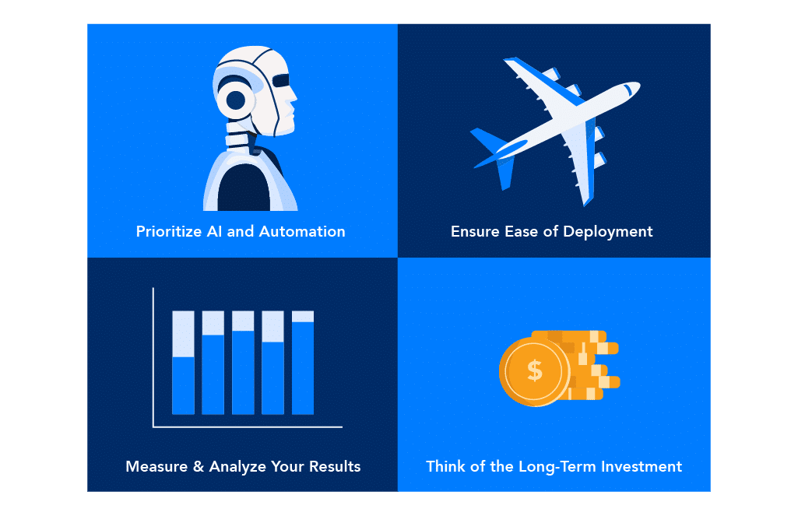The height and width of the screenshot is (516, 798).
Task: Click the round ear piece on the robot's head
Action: [x=236, y=100]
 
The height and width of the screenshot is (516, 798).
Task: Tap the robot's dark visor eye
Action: [x=281, y=80]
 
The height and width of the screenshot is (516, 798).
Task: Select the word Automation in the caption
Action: [x=302, y=232]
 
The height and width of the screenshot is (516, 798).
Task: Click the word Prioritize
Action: [x=169, y=232]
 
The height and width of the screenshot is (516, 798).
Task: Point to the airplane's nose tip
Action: [x=638, y=85]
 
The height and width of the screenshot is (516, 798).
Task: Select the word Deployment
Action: [x=608, y=232]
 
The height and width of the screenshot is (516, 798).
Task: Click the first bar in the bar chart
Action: [x=183, y=363]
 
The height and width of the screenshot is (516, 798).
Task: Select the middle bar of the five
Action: [x=243, y=363]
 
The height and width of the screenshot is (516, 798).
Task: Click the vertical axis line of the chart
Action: [x=153, y=357]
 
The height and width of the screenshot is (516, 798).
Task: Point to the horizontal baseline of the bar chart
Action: [x=248, y=427]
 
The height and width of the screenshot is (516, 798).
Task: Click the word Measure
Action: [x=156, y=467]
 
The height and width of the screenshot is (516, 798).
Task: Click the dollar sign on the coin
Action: [x=535, y=370]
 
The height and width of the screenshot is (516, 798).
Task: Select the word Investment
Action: [x=642, y=467]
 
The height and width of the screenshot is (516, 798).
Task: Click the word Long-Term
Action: [x=557, y=467]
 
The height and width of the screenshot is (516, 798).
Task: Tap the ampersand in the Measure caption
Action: [x=199, y=467]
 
